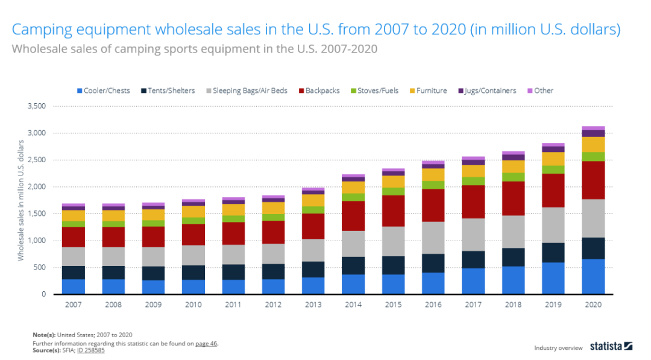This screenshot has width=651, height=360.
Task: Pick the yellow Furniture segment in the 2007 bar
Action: point(73,215)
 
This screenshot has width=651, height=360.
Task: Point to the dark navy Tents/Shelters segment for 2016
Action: point(433,263)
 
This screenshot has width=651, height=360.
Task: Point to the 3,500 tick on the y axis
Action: point(37,106)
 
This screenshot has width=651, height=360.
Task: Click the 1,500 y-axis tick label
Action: point(37,214)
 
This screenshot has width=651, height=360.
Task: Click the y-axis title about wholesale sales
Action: point(21,200)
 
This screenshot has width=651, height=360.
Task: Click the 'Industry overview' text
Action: point(558,348)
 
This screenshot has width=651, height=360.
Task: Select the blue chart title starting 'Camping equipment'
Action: point(316,30)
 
